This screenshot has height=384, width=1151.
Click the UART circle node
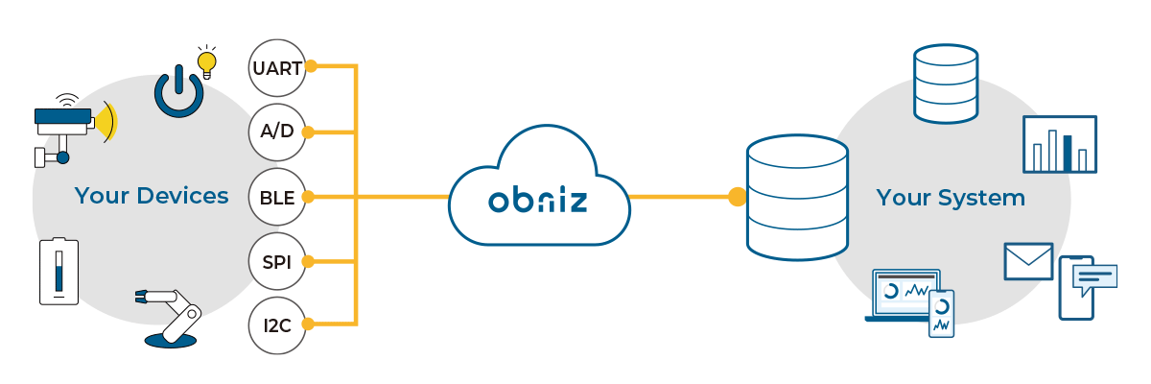click(276, 68)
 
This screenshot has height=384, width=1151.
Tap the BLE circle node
click(276, 198)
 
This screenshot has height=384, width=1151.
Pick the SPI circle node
click(276, 261)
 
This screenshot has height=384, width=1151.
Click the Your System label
click(950, 199)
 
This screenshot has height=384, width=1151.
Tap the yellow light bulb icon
click(206, 60)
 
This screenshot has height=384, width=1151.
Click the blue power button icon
click(178, 93)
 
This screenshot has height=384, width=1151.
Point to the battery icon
click(59, 272)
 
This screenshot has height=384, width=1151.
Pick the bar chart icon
click(1059, 144)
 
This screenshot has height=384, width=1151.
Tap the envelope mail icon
click(1028, 261)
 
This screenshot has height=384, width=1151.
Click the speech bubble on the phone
click(1094, 279)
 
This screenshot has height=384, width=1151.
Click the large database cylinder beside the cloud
click(797, 198)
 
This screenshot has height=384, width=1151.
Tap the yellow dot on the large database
click(737, 198)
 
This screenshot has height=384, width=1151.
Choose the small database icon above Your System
click(945, 84)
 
